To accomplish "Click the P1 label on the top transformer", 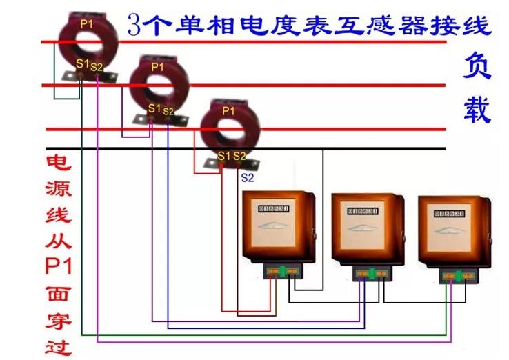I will [x=86, y=23].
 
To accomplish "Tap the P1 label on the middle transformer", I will [x=157, y=67].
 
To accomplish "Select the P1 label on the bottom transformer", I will [x=228, y=110].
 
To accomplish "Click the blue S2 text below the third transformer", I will [x=247, y=177].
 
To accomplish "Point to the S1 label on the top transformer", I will [x=82, y=64].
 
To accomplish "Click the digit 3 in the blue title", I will [x=136, y=26].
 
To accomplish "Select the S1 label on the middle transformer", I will [x=154, y=108].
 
